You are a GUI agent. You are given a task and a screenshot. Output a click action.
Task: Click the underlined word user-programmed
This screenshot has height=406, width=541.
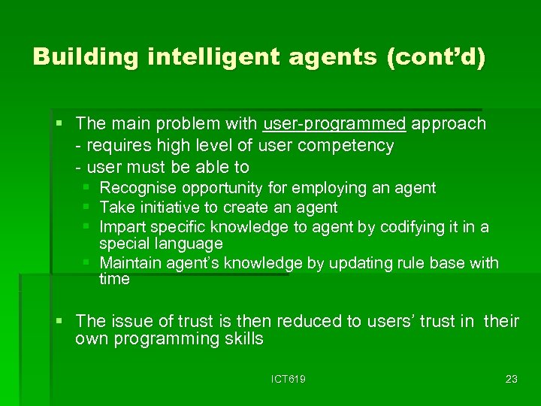(334, 124)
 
